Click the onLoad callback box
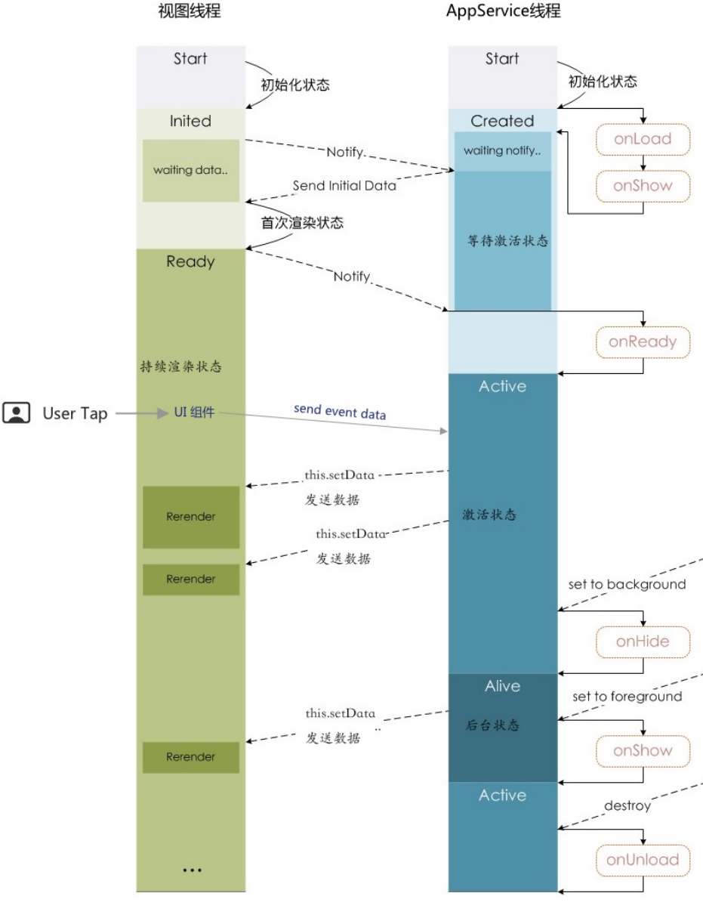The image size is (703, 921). (643, 140)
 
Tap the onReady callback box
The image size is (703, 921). (643, 342)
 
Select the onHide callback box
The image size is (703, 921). (643, 642)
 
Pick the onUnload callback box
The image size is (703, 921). (643, 859)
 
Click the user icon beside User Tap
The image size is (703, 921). (17, 413)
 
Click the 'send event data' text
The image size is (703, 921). (340, 413)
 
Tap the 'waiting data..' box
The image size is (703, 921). (190, 170)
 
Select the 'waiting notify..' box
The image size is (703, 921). (502, 151)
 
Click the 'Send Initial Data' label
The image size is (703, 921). (344, 186)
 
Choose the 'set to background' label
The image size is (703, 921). (627, 584)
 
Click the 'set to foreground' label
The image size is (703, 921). (627, 697)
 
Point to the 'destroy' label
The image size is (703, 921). (627, 805)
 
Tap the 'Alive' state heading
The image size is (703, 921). (502, 686)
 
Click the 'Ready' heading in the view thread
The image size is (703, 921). (190, 262)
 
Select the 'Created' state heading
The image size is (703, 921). (502, 121)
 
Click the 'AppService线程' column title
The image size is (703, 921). (504, 12)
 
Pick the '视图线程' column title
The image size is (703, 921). (190, 12)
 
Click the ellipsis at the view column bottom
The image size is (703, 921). (192, 870)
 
